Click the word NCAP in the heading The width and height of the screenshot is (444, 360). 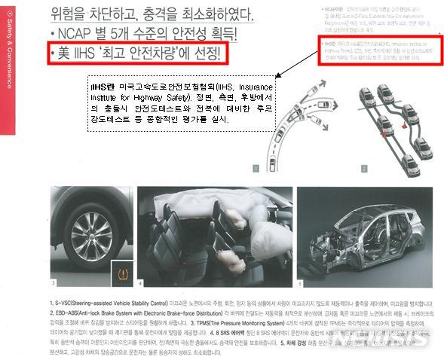click(76, 35)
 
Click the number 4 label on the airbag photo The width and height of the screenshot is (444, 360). click(142, 284)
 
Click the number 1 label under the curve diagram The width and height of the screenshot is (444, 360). click(256, 169)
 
